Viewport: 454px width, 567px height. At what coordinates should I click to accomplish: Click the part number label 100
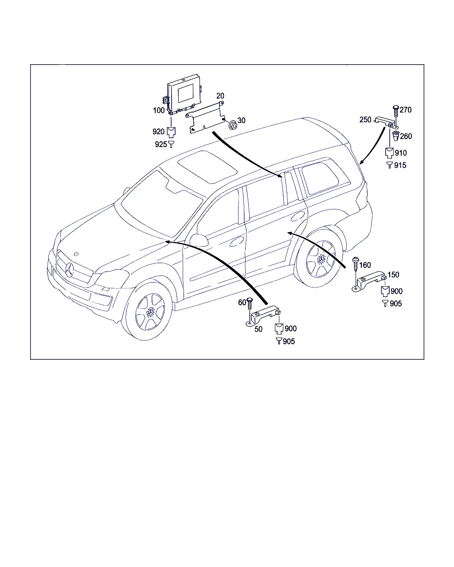pos(159,110)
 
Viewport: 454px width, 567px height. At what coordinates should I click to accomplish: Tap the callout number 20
pos(220,96)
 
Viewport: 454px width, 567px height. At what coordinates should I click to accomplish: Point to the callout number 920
pos(158,132)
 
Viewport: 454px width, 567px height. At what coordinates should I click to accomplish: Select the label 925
pos(161,144)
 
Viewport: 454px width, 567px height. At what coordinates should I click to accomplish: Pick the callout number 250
pos(365,120)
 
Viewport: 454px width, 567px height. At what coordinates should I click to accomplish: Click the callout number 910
pos(400,153)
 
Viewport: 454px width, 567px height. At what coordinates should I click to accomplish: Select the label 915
pos(400,165)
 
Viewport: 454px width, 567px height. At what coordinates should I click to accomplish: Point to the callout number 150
pos(393,275)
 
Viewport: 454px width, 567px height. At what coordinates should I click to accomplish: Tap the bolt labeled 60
pos(249,305)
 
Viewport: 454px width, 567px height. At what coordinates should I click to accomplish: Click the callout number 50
pos(258,329)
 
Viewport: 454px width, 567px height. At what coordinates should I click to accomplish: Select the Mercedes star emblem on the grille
pos(69,270)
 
